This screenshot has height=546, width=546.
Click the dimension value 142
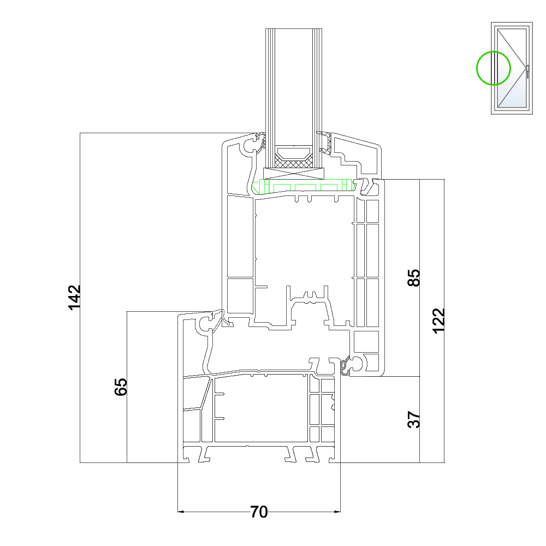pyautogui.click(x=74, y=297)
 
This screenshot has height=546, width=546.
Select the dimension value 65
pyautogui.click(x=121, y=387)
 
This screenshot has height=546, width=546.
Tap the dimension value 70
pyautogui.click(x=259, y=512)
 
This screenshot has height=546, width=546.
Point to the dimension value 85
pyautogui.click(x=414, y=277)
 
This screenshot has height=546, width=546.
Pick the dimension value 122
pyautogui.click(x=439, y=321)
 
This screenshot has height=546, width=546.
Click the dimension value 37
pyautogui.click(x=414, y=419)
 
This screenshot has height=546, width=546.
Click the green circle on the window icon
pyautogui.click(x=494, y=68)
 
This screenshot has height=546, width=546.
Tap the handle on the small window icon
pyautogui.click(x=527, y=72)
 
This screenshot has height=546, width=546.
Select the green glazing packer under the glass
pyautogui.click(x=303, y=186)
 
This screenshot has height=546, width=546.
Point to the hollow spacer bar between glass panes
pyautogui.click(x=293, y=151)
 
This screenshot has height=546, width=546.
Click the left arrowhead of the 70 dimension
pyautogui.click(x=181, y=512)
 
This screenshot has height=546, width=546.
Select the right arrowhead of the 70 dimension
pyautogui.click(x=337, y=512)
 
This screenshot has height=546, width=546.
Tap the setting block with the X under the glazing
pyautogui.click(x=294, y=173)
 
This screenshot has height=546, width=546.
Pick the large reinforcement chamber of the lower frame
pyautogui.click(x=261, y=408)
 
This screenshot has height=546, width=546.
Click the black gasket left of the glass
pyautogui.click(x=261, y=142)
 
